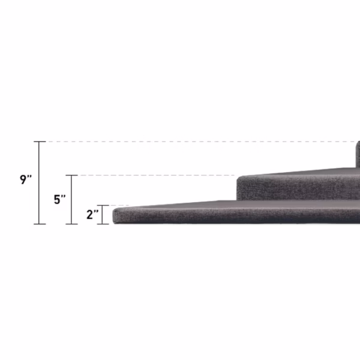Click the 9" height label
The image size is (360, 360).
[x=26, y=179]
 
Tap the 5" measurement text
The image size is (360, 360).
[x=59, y=199]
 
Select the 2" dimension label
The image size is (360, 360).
[x=92, y=215]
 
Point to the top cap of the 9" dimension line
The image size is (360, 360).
[x=40, y=142]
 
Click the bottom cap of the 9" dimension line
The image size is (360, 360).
[x=40, y=224]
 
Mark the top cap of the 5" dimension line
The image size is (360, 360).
[x=71, y=175]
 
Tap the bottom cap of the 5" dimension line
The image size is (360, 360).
[x=71, y=224]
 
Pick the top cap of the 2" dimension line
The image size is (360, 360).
[x=103, y=205]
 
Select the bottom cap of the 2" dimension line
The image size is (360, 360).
[x=103, y=224]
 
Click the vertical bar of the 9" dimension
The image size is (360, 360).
[x=39, y=183]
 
